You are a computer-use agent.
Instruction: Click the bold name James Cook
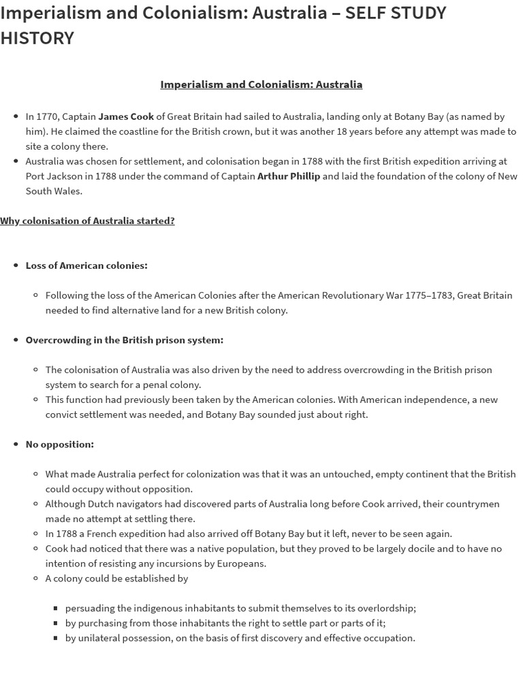click(x=126, y=116)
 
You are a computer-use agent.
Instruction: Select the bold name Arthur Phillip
click(x=288, y=176)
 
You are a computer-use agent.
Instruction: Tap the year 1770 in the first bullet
click(x=48, y=116)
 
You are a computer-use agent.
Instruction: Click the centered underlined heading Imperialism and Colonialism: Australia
click(x=261, y=84)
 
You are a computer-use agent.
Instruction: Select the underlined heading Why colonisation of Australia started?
click(x=87, y=221)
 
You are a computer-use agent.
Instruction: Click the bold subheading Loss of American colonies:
click(x=86, y=265)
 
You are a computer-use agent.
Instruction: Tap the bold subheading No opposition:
click(x=60, y=444)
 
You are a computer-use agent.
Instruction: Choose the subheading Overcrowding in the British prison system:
click(x=125, y=340)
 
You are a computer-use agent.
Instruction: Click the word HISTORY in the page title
click(x=37, y=38)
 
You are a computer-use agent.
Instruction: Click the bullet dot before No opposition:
click(x=16, y=444)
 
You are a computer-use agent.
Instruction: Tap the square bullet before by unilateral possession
click(x=55, y=638)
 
